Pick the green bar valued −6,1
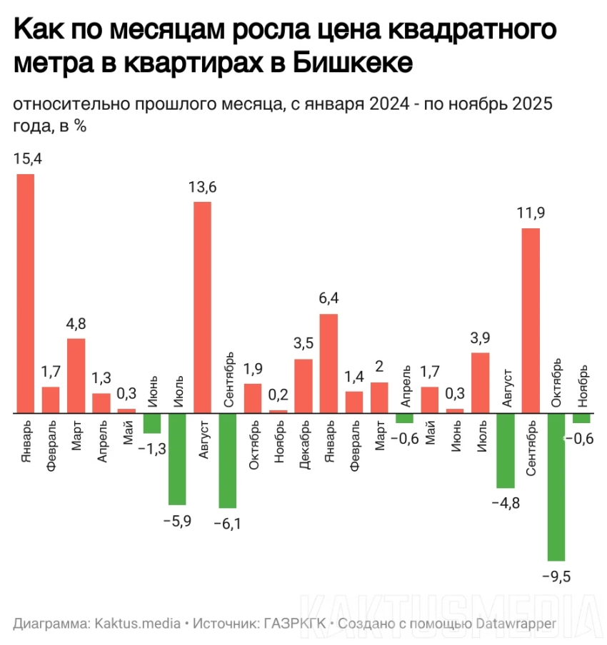tap(228, 460)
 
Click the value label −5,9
tap(177, 521)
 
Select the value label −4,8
tap(506, 504)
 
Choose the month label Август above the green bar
tap(506, 387)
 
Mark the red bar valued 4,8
tap(76, 375)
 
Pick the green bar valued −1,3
tap(152, 423)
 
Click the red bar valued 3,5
tap(303, 385)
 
